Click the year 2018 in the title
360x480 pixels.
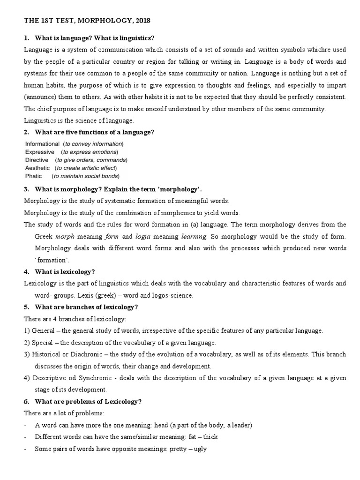pyautogui.click(x=142, y=21)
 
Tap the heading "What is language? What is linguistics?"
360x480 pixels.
pyautogui.click(x=94, y=37)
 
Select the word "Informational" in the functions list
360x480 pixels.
pyautogui.click(x=42, y=144)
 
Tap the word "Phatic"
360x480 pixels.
pyautogui.click(x=33, y=176)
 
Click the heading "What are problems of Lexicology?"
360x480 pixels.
pyautogui.click(x=88, y=401)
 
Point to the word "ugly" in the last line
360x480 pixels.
pyautogui.click(x=200, y=449)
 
